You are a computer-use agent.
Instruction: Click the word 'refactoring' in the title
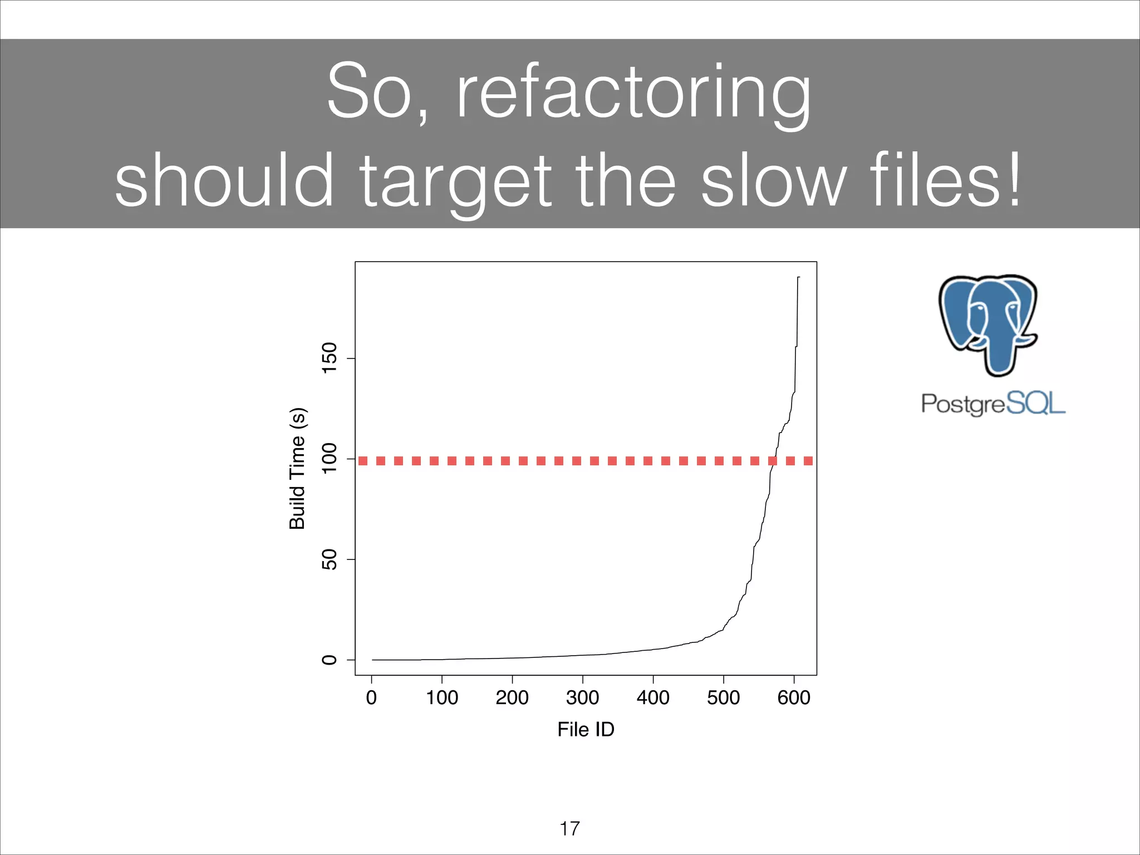click(x=633, y=92)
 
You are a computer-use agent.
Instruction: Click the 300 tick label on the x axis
click(x=582, y=697)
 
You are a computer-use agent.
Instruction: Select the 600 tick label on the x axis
click(x=794, y=697)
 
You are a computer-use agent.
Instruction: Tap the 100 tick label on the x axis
click(x=441, y=697)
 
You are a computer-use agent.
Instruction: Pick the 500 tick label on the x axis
click(x=723, y=697)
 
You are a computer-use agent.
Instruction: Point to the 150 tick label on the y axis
click(x=330, y=358)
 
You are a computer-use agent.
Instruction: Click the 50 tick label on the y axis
click(x=330, y=559)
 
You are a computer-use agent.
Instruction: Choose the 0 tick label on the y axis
click(x=330, y=660)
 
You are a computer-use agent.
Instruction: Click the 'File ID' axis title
click(x=586, y=729)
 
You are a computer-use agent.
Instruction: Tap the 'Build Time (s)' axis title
click(x=297, y=468)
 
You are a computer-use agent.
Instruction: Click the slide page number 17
click(x=569, y=828)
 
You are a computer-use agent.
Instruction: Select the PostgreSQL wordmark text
click(x=993, y=404)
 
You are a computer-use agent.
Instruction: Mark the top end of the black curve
click(x=798, y=277)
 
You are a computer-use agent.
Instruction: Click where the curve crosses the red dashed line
click(x=773, y=460)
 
